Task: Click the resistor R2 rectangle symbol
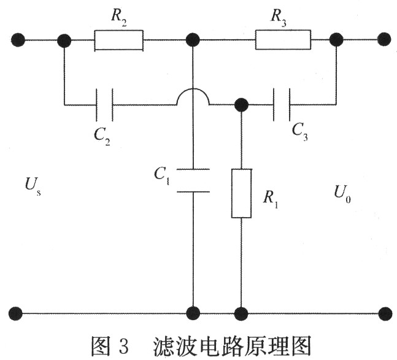pos(118,40)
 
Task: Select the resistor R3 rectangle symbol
pos(283,40)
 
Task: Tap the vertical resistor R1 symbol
pos(241,193)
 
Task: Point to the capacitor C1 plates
pos(193,179)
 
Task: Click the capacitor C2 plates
pos(104,104)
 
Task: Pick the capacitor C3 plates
pos(281,104)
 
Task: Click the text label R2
pos(118,17)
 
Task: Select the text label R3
pos(279,17)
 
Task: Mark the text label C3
pos(300,130)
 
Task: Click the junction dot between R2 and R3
pos(193,40)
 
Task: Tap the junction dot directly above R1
pos(241,104)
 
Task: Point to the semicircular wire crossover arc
pos(193,95)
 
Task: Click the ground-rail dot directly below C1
pos(193,313)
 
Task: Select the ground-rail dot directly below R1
pos(241,313)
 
